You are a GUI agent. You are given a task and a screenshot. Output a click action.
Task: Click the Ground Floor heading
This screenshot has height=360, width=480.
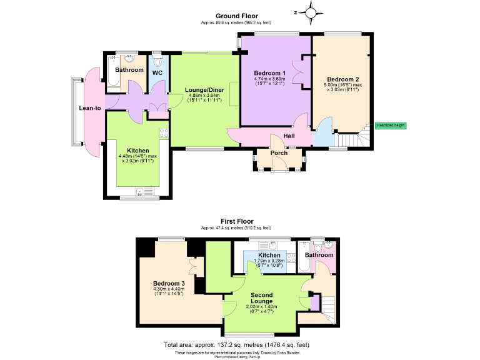coord(237,16)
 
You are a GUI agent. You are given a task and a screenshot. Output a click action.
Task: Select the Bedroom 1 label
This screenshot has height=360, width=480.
coord(270,73)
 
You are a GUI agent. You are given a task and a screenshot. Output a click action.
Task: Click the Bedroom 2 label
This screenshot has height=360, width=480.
coord(342,79)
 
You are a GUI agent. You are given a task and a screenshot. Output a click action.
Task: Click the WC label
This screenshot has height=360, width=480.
coord(157,73)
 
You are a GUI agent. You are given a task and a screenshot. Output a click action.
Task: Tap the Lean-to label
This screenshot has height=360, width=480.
coord(90,108)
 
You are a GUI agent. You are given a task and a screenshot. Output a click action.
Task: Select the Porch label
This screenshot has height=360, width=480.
coord(279,153)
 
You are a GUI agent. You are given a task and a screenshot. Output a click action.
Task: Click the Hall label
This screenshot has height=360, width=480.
coord(289,136)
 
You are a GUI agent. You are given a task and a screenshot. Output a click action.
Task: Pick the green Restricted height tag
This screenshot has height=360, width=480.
coord(391,125)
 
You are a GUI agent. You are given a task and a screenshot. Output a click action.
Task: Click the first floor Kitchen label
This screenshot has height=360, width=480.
coord(269,256)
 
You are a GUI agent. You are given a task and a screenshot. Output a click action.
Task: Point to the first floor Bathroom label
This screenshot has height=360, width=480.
coord(319,256)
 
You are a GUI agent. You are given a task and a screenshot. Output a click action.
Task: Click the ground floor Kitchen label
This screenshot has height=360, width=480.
coord(137,150)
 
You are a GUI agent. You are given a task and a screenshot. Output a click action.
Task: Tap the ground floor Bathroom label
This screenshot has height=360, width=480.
coord(129,70)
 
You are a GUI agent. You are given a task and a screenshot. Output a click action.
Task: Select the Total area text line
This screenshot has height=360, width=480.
coord(236,345)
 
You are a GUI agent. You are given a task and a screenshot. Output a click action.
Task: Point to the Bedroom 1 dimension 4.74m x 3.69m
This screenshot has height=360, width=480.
coord(270,79)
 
